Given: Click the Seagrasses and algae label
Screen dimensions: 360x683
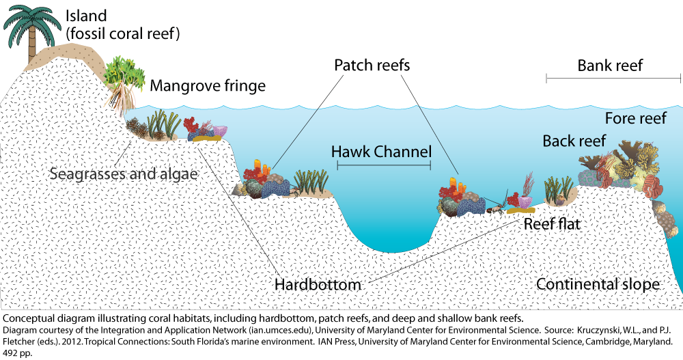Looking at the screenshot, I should (124, 174).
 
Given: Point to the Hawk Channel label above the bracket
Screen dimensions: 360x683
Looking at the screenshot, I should (381, 152).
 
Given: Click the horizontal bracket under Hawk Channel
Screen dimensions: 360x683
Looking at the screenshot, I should (381, 166).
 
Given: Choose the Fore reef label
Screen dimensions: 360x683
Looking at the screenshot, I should (635, 119).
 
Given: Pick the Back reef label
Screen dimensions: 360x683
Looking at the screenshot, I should (574, 141).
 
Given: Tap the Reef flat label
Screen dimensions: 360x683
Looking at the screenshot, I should (552, 223).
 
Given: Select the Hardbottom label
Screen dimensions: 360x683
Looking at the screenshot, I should (318, 283).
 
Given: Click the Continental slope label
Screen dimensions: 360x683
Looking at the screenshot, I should (598, 284).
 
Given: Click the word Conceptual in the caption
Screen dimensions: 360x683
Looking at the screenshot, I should (29, 318).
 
